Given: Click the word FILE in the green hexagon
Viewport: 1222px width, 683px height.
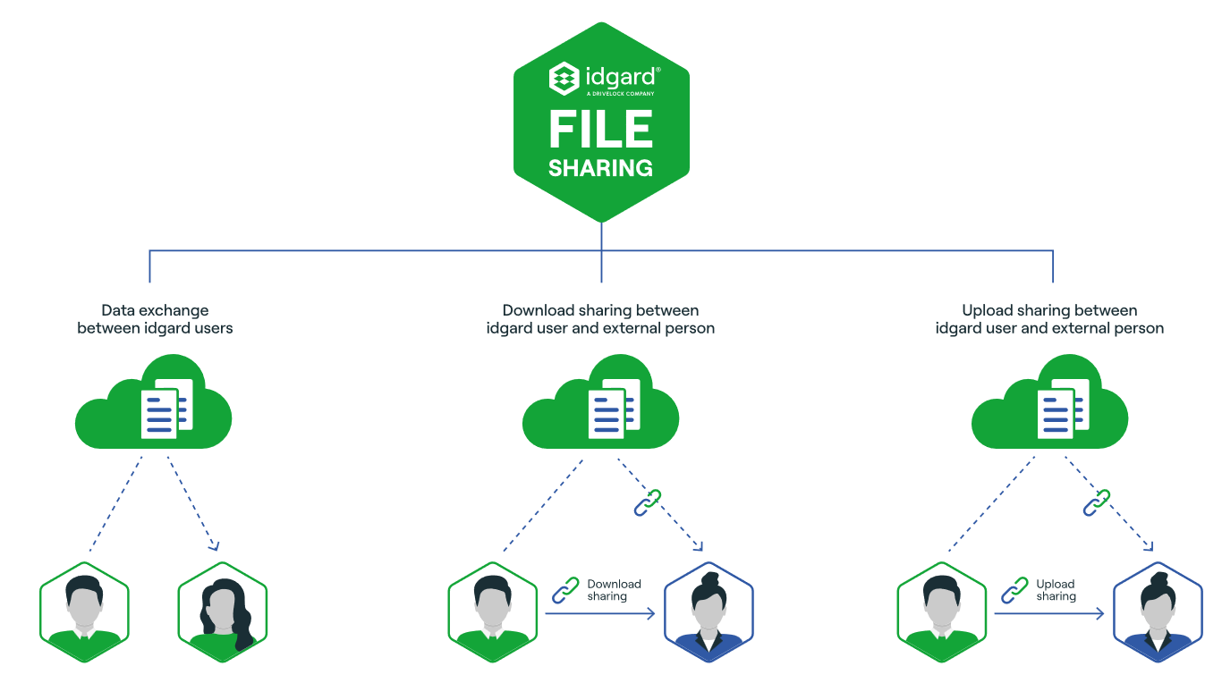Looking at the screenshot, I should tap(600, 130).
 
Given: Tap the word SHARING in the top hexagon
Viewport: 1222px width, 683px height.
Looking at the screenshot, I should tap(600, 168).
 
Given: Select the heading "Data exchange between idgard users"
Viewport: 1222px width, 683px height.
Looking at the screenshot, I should tap(155, 319).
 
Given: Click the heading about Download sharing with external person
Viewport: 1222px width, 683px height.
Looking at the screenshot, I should tap(600, 319).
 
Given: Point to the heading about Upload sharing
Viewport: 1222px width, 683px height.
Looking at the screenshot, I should tap(1049, 319).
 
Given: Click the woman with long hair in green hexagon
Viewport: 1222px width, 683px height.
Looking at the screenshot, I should tap(223, 612).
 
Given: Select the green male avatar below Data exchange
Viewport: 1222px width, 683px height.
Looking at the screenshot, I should tap(84, 612).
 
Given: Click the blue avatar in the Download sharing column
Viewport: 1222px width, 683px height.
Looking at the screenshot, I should tap(709, 612).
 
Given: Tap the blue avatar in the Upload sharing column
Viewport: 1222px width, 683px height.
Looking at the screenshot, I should tap(1158, 612).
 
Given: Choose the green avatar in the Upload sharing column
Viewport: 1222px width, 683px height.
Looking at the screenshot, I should tap(941, 612).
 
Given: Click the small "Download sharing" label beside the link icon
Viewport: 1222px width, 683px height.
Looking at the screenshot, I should tap(614, 590).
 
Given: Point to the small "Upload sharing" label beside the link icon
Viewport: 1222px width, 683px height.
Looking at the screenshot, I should tap(1056, 590).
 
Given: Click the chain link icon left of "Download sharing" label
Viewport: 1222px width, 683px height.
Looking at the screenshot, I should tap(565, 589).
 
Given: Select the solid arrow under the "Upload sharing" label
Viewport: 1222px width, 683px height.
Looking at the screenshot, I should tap(1048, 614).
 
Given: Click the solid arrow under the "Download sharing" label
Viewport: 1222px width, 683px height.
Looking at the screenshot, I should tap(599, 614).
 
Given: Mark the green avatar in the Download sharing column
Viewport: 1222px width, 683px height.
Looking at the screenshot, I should tap(492, 612).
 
